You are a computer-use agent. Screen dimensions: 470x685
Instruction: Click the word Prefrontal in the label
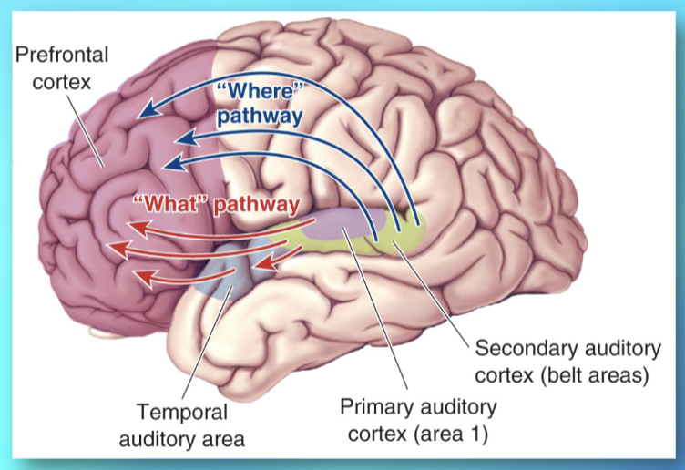click(x=61, y=54)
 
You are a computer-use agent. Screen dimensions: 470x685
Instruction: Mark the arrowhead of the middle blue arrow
click(x=183, y=139)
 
